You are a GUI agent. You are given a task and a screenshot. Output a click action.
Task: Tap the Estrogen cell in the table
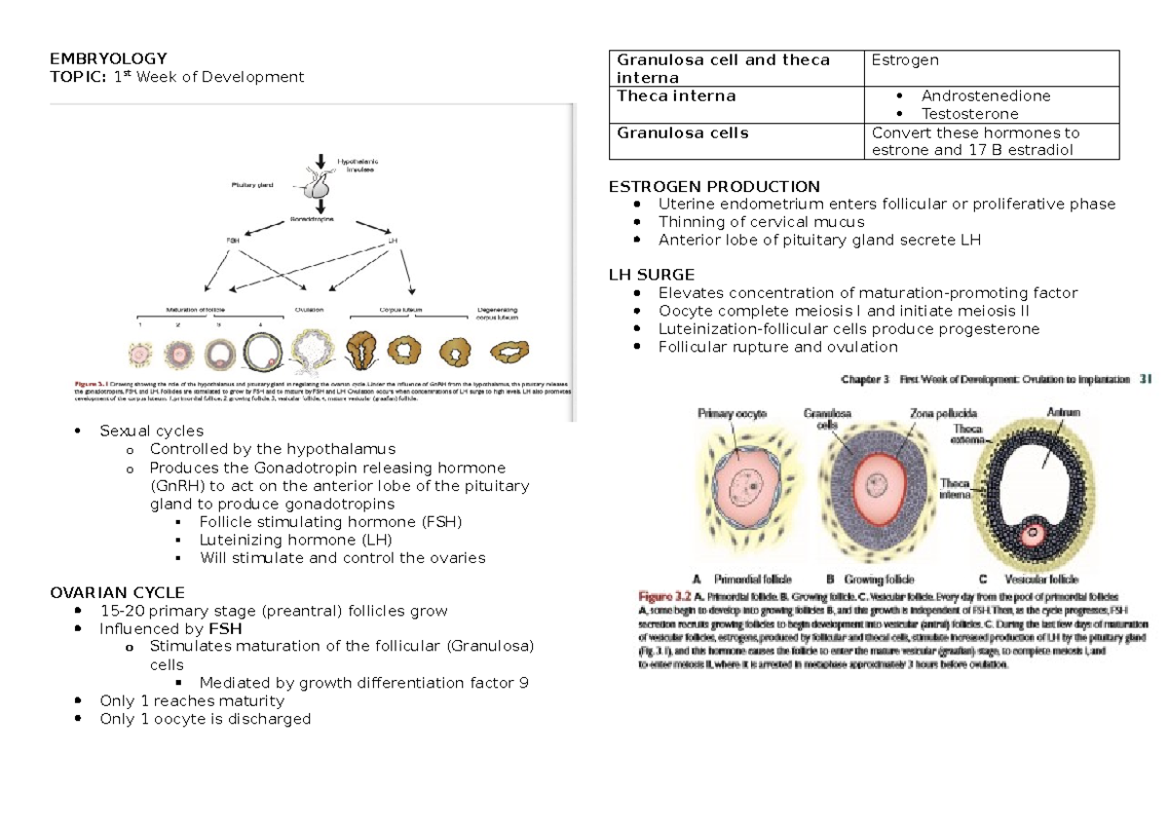905,60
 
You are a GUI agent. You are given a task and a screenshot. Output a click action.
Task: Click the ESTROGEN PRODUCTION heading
714,186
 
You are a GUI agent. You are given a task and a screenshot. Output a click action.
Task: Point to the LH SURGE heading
652,275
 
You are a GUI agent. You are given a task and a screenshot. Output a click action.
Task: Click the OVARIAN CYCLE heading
117,592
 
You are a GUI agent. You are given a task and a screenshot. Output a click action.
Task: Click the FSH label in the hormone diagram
233,239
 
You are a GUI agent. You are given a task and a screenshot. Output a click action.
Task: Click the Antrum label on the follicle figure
1063,413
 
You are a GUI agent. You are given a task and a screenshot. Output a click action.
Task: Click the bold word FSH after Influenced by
222,629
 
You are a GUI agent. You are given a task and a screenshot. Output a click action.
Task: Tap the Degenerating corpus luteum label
498,314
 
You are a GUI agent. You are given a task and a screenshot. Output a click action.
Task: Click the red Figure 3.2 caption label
664,594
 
